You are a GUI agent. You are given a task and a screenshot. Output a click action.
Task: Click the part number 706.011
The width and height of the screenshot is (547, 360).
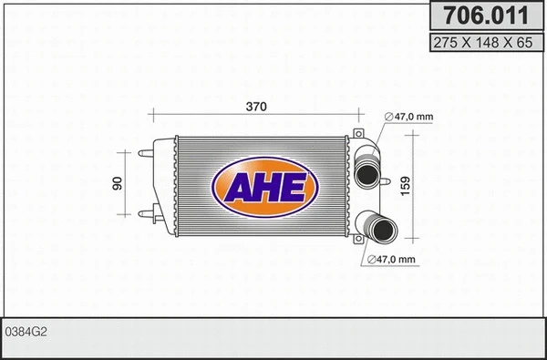coord(483,15)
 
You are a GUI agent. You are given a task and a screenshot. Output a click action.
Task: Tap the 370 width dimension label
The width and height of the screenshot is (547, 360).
coord(256,108)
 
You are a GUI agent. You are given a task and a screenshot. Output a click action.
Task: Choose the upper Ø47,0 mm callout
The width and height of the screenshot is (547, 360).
coord(408,116)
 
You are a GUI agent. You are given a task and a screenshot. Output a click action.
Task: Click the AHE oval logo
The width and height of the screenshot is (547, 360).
coord(265,187)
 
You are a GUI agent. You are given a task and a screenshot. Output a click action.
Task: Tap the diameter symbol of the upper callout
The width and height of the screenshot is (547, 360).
coord(388,116)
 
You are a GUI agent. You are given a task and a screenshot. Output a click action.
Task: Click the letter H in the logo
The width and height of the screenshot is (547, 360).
coord(265,188)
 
